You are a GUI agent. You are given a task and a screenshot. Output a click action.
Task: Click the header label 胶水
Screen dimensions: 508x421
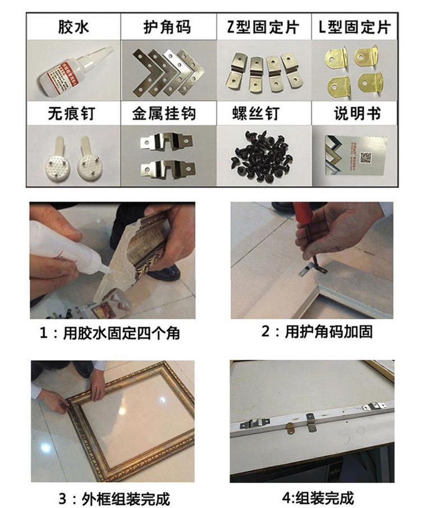click(73, 27)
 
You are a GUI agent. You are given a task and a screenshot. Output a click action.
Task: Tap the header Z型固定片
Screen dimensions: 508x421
click(263, 27)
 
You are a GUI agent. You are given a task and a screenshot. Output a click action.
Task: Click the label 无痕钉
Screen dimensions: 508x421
click(73, 114)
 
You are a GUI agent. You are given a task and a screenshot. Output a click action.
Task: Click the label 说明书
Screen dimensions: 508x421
click(358, 114)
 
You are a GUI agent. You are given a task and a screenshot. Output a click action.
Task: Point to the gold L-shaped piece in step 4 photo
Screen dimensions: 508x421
click(291, 429)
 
